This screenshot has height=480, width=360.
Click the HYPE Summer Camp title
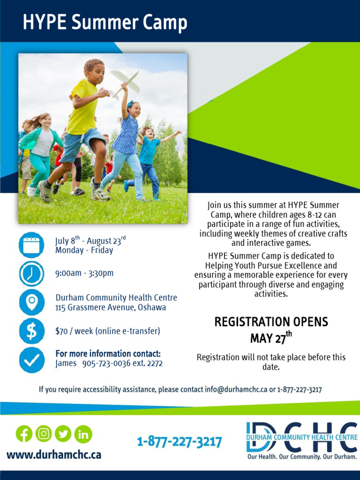coord(105,22)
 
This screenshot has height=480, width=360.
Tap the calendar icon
coord(31,245)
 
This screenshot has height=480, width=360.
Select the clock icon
coord(31,274)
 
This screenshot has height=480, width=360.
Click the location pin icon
coord(31,302)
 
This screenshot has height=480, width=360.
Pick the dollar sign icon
coord(31,331)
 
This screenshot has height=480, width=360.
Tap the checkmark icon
coord(31,360)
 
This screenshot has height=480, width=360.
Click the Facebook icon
coord(24,434)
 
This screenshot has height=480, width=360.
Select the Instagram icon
coord(44,434)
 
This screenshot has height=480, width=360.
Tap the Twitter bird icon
coord(63,434)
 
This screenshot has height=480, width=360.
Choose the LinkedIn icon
coord(83,434)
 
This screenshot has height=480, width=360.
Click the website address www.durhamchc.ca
coord(54,455)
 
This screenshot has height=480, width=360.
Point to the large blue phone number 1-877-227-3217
coord(180,442)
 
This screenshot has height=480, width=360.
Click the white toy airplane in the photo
coord(125,82)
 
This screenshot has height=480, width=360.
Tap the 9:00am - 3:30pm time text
coord(84,273)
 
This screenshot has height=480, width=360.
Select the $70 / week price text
coord(108,331)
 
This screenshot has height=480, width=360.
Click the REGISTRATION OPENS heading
coord(271,322)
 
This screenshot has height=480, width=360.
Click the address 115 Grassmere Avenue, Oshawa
coord(111,308)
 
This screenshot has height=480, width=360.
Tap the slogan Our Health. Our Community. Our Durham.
coord(302,457)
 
